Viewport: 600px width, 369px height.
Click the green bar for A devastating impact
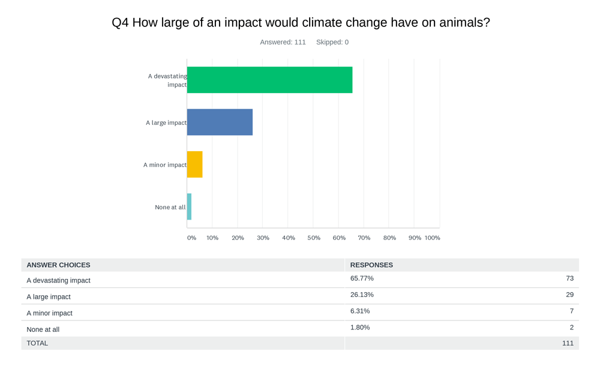(269, 80)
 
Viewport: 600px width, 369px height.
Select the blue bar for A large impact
(220, 122)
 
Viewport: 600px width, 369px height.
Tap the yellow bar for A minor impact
(194, 164)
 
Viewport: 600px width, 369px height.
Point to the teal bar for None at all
(189, 206)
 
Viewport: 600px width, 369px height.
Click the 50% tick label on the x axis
(314, 238)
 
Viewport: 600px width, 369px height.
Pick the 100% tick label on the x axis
(432, 238)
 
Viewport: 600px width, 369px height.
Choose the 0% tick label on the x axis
(191, 238)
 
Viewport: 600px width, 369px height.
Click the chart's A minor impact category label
(164, 165)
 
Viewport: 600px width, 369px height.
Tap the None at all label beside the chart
(170, 208)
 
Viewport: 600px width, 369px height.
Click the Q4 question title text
(301, 23)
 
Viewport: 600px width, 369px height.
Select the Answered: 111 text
(283, 42)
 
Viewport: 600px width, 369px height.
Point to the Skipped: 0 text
(332, 42)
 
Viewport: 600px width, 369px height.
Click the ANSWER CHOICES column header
(58, 265)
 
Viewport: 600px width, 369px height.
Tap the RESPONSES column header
(371, 265)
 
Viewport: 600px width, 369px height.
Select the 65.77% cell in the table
(362, 278)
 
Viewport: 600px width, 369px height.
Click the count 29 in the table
(569, 295)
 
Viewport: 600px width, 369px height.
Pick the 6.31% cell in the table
(360, 311)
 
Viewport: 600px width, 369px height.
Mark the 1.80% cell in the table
(360, 327)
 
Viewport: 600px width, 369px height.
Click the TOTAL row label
(37, 343)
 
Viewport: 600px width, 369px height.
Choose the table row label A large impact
(49, 296)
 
